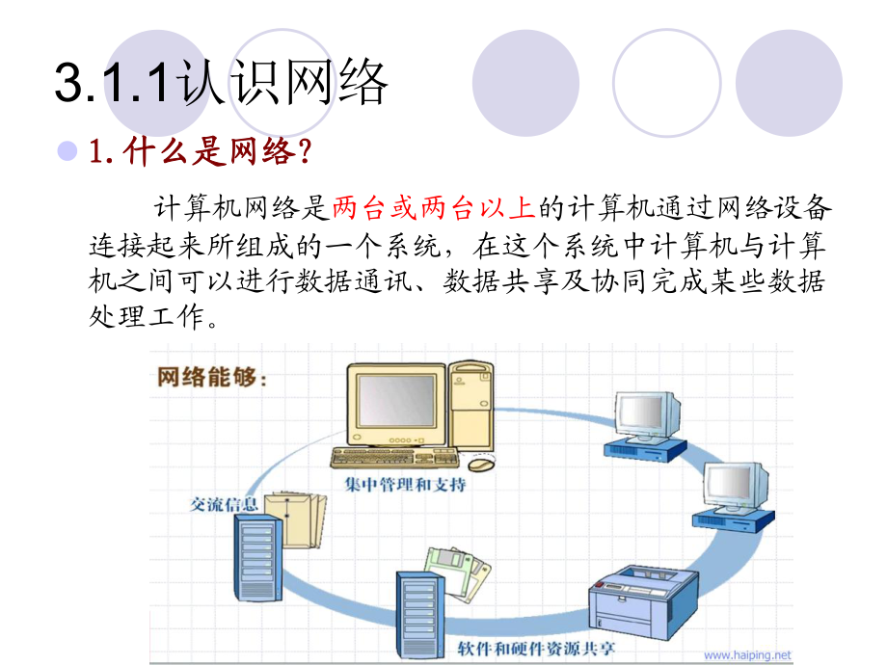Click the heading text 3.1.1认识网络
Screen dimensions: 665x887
click(222, 81)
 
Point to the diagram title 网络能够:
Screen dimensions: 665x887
click(213, 377)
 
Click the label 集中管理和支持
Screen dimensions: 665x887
click(406, 484)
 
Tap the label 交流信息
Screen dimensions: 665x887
click(219, 504)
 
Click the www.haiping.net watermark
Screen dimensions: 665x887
click(747, 654)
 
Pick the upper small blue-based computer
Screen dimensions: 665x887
click(645, 424)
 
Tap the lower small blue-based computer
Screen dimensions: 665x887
click(734, 495)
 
